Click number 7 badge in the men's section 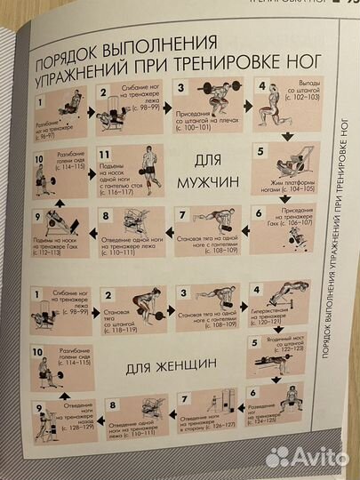click(183, 213)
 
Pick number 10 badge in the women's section click(38, 354)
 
